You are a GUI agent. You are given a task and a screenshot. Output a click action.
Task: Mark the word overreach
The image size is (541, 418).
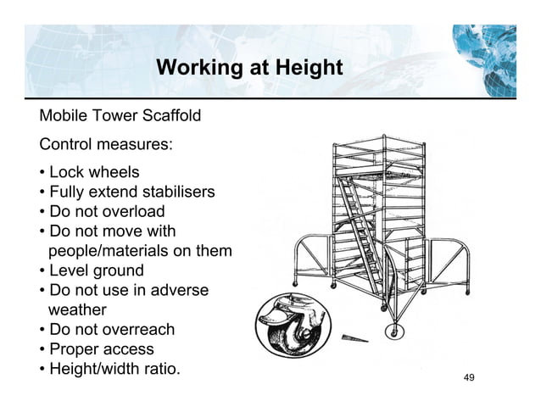click(136, 330)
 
